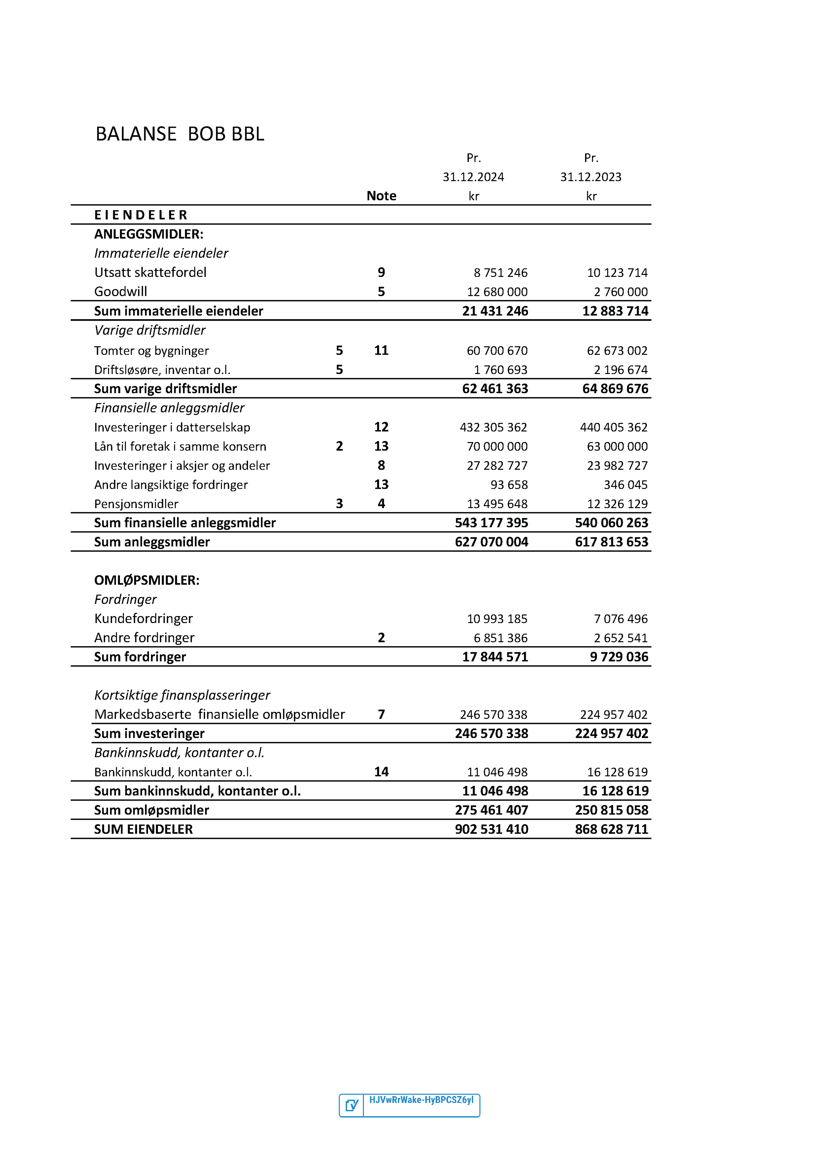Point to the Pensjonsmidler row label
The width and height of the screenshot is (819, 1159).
136,504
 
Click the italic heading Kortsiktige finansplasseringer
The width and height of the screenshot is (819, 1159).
182,695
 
